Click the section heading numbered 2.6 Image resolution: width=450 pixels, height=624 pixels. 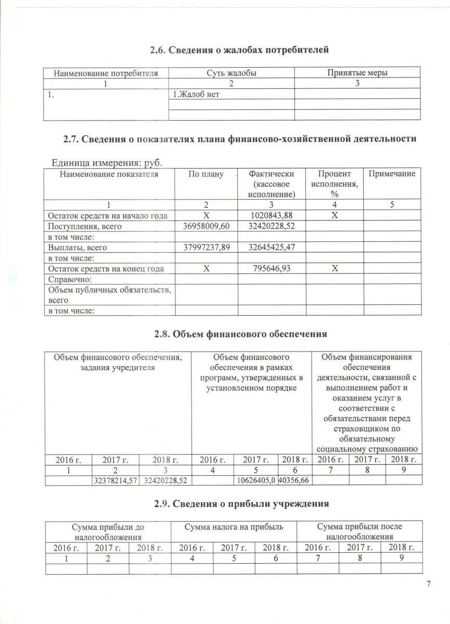(x=240, y=50)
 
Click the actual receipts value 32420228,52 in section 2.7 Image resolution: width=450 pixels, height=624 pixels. (x=271, y=226)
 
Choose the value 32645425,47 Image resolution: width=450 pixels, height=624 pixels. (x=271, y=248)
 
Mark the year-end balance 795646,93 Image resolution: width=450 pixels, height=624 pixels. (x=271, y=269)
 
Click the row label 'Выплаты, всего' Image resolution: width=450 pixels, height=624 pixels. (x=78, y=248)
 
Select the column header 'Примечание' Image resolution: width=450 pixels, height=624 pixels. (x=392, y=174)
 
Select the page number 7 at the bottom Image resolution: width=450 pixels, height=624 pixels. (x=428, y=584)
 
